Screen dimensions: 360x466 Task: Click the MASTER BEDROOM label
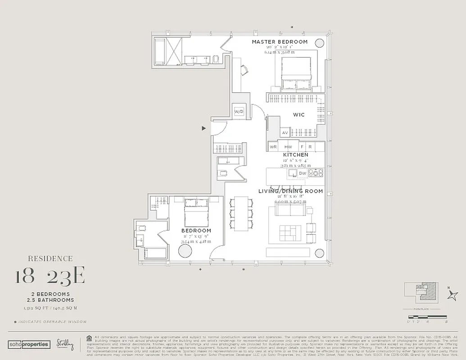pyautogui.click(x=280, y=42)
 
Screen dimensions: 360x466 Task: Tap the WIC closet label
pyautogui.click(x=299, y=115)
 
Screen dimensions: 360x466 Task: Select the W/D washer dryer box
pyautogui.click(x=239, y=112)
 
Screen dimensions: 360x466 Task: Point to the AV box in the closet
pyautogui.click(x=285, y=133)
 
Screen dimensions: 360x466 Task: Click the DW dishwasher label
pyautogui.click(x=302, y=173)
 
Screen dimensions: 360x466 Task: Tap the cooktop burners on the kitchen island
pyautogui.click(x=316, y=173)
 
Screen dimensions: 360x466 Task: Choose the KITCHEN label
pyautogui.click(x=295, y=155)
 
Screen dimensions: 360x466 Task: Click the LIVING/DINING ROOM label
pyautogui.click(x=290, y=191)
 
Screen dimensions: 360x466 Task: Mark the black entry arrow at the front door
pyautogui.click(x=204, y=128)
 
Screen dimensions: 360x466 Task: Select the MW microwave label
pyautogui.click(x=288, y=147)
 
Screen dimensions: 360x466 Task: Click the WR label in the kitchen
pyautogui.click(x=273, y=147)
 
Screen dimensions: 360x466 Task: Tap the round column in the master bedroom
pyautogui.click(x=319, y=43)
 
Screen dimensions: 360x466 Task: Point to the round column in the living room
pyautogui.click(x=319, y=253)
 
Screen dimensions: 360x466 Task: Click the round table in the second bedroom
pyautogui.click(x=185, y=251)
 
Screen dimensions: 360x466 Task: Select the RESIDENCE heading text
pyautogui.click(x=50, y=259)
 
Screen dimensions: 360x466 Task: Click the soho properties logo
pyautogui.click(x=29, y=344)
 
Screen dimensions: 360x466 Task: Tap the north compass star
pyautogui.click(x=452, y=295)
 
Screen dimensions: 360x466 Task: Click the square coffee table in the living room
pyautogui.click(x=288, y=233)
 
